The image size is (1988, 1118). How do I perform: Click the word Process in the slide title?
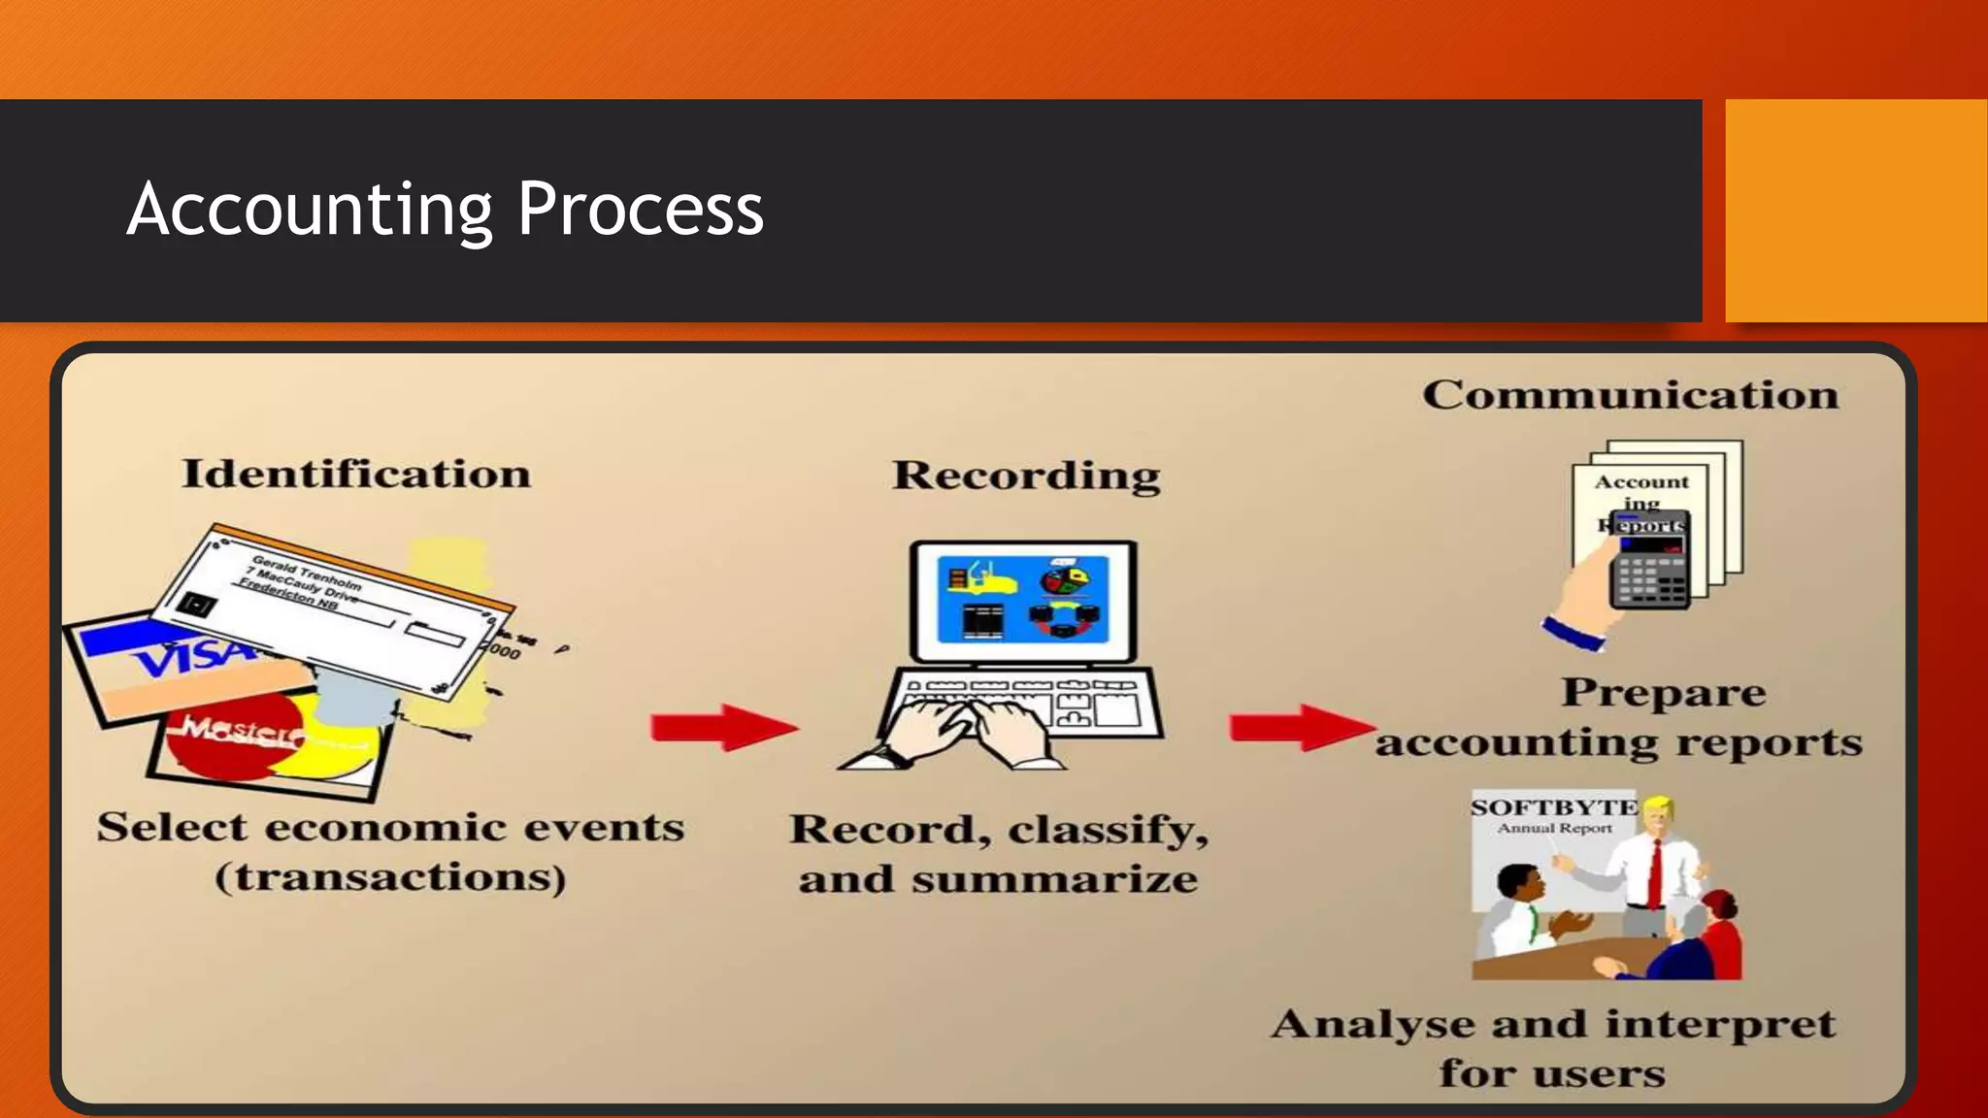click(x=640, y=210)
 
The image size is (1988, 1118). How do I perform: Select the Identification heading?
click(x=356, y=474)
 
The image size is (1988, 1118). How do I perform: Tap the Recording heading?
click(x=1026, y=476)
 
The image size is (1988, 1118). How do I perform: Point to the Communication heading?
click(x=1630, y=395)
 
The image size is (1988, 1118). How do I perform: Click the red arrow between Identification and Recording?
click(x=723, y=727)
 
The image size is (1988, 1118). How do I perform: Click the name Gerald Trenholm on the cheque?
click(x=306, y=572)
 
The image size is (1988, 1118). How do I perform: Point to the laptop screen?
click(x=1022, y=599)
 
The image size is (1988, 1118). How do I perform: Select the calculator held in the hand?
click(x=1650, y=563)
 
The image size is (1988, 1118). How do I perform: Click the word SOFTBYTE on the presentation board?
click(x=1553, y=807)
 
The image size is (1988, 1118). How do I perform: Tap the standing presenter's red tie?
click(x=1655, y=872)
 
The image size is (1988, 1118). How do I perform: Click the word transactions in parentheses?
click(x=390, y=877)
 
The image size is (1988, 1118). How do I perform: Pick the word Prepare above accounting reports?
click(x=1663, y=693)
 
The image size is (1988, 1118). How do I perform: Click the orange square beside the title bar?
click(x=1855, y=211)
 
